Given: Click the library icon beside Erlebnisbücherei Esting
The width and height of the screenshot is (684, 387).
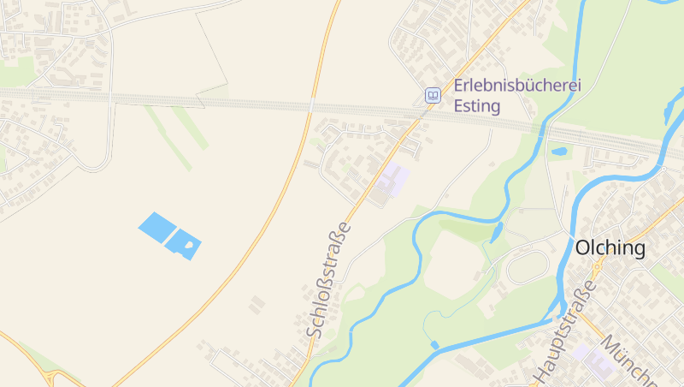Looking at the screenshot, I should (x=433, y=95).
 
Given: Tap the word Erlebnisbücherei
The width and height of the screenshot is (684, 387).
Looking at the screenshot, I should (x=517, y=86).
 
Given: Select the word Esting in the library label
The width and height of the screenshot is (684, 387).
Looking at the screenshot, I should (x=477, y=108).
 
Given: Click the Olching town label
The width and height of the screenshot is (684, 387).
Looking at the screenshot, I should (x=610, y=248).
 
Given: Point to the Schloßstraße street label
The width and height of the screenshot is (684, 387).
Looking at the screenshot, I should (x=329, y=278).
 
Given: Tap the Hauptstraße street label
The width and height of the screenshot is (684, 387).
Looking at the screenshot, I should (x=564, y=330).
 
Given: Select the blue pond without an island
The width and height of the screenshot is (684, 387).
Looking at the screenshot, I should (x=156, y=226).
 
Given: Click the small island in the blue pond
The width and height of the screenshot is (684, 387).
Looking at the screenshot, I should (x=188, y=246).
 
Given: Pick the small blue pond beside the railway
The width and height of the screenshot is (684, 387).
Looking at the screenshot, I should (x=560, y=152).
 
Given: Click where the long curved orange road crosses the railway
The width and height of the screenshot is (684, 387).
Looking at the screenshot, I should (x=311, y=105).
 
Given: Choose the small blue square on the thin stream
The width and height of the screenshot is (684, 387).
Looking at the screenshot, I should (x=434, y=344).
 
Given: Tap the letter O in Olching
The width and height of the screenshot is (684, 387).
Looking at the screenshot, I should (x=583, y=248).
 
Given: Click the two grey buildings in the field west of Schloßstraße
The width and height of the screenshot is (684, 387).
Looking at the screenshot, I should (x=256, y=303).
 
